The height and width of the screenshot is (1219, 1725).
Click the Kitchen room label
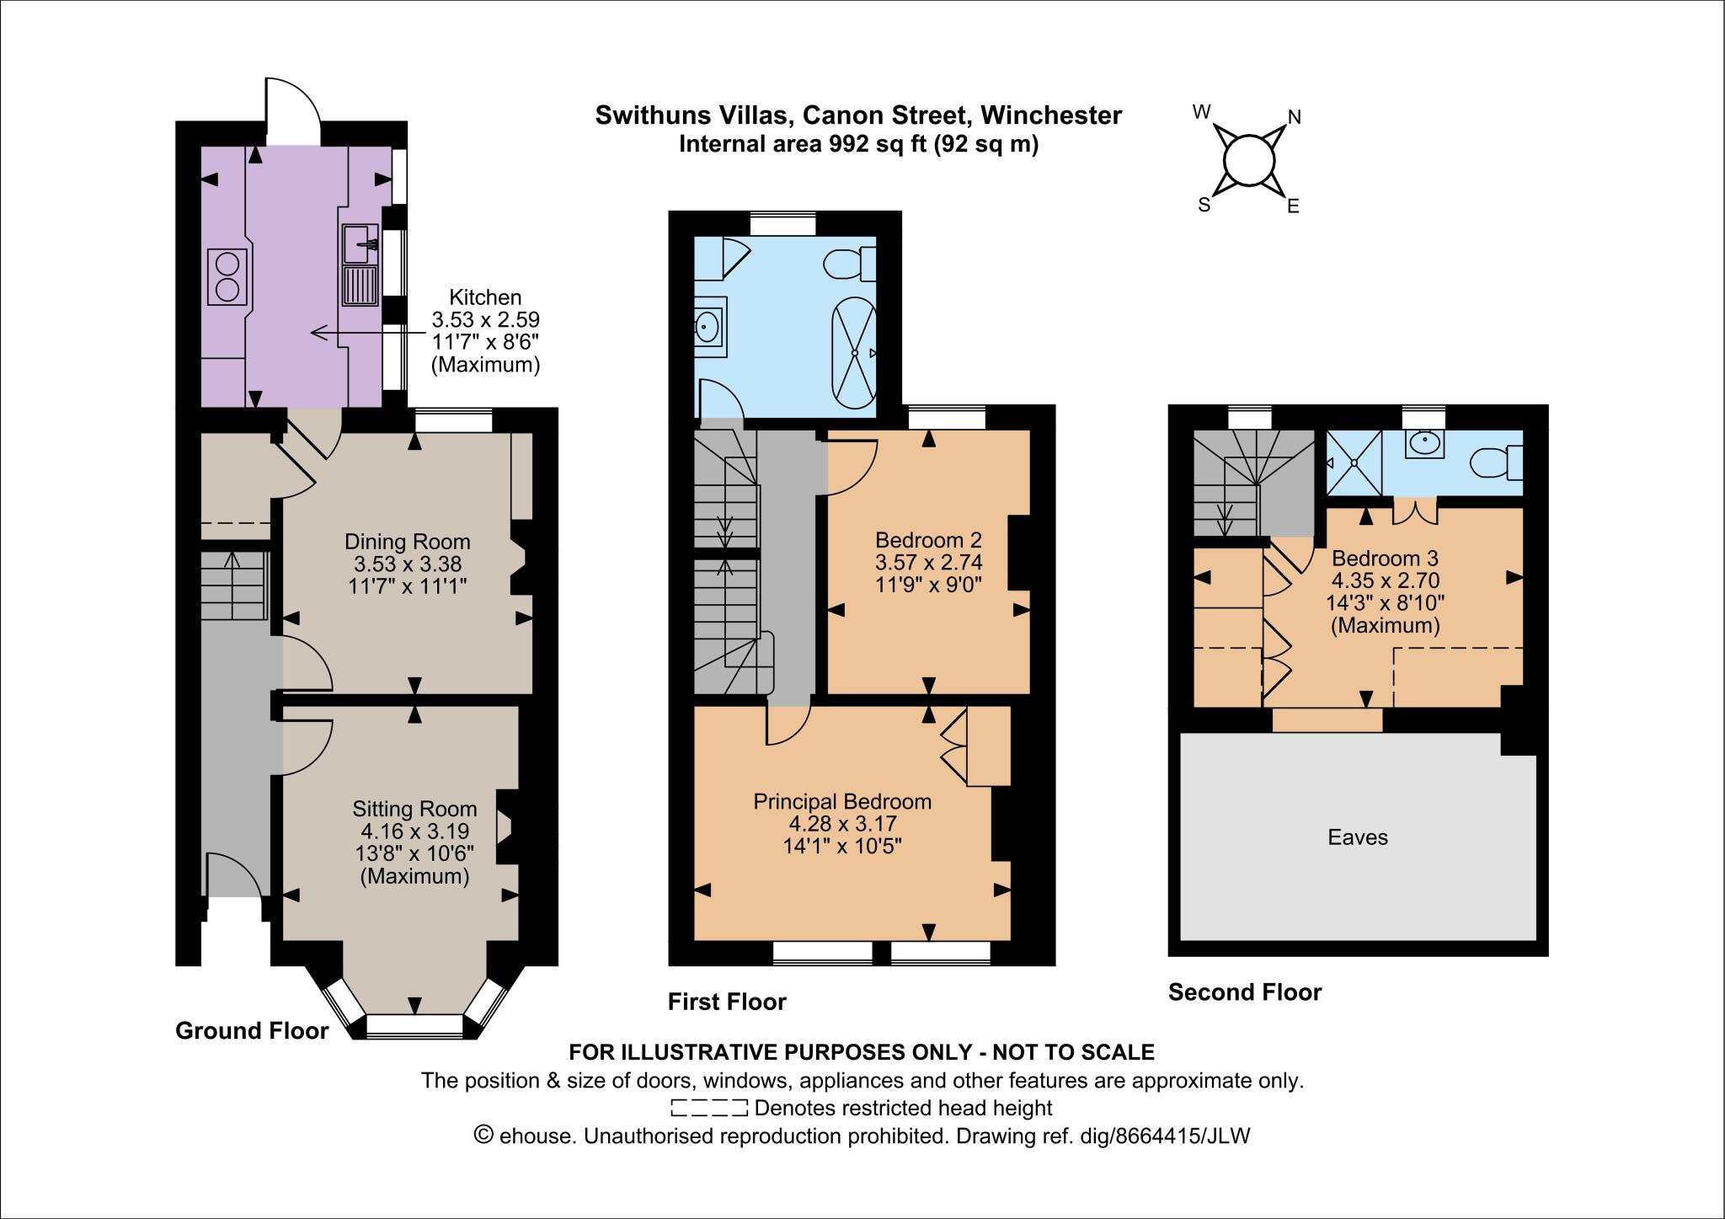click(x=484, y=297)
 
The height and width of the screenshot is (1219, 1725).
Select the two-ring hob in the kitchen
click(x=227, y=277)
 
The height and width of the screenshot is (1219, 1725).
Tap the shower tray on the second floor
click(x=1354, y=462)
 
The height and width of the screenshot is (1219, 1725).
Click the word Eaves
click(x=1357, y=837)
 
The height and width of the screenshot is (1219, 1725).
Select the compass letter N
click(x=1295, y=118)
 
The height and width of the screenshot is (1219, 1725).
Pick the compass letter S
click(x=1204, y=205)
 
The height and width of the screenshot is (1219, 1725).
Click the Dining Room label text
click(x=408, y=542)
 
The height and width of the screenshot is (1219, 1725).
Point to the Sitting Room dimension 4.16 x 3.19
click(x=414, y=831)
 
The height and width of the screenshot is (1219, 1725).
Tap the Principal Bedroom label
click(x=842, y=801)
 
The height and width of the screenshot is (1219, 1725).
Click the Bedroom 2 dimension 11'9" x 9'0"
click(x=928, y=583)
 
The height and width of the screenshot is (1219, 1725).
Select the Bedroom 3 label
click(x=1385, y=558)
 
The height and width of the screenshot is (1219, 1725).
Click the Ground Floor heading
click(x=251, y=1030)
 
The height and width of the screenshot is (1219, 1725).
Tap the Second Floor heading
click(x=1244, y=992)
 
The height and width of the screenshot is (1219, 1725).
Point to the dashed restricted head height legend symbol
click(x=709, y=1108)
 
